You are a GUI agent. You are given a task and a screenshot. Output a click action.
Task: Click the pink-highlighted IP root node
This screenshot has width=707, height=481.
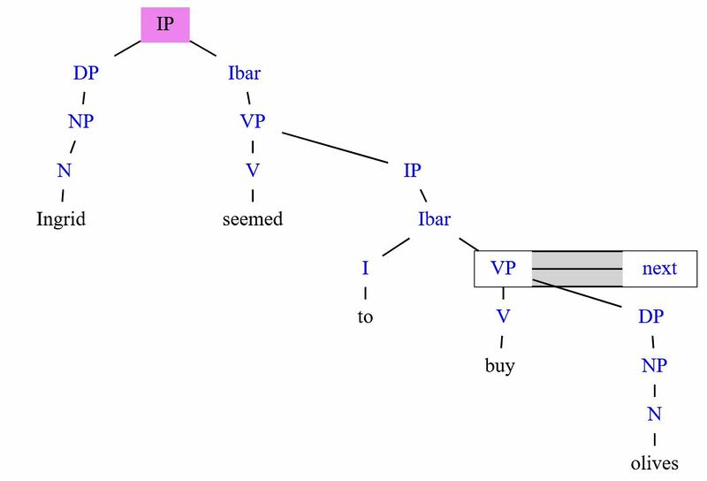coord(165,25)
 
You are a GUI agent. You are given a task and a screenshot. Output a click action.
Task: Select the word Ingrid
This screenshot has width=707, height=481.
coord(61,220)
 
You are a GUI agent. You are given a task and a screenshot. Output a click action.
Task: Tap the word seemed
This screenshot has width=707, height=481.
coord(253,219)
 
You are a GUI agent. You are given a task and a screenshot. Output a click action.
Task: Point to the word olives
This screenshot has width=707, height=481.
coord(654,463)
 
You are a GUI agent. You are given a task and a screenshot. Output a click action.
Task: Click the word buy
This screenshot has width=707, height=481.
coord(500,365)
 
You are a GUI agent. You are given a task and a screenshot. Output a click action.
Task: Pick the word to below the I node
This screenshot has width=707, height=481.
coord(365,317)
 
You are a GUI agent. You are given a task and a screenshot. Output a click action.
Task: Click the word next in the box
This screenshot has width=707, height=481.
coord(659,269)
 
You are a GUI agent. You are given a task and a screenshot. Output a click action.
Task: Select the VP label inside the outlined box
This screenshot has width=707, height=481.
coord(503,268)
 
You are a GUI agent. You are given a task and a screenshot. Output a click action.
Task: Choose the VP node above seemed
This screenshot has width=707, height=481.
coord(253,121)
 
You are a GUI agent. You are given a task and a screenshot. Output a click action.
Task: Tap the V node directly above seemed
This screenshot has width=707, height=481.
coord(253,171)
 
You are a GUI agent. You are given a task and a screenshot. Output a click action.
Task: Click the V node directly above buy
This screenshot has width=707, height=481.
coord(503,317)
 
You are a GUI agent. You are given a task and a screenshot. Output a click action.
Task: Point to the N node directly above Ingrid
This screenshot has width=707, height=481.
coord(64,171)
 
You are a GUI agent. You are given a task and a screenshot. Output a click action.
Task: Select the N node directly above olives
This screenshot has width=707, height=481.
coord(654,414)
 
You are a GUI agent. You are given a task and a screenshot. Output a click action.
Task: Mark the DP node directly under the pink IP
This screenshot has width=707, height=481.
coord(86,73)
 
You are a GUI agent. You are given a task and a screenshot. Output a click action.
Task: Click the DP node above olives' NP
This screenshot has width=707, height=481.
coord(651,317)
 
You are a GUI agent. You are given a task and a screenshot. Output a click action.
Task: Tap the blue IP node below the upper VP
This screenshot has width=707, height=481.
coord(412,171)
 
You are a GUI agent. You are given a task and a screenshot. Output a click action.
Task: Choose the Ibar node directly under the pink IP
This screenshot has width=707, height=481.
coord(245,73)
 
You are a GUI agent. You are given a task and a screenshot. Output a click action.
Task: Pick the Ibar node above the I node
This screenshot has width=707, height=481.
coord(434,219)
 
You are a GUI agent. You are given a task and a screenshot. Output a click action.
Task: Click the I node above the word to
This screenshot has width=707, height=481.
coord(365,268)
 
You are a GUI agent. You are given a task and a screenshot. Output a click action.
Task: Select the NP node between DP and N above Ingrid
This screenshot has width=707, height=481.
coord(81,121)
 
